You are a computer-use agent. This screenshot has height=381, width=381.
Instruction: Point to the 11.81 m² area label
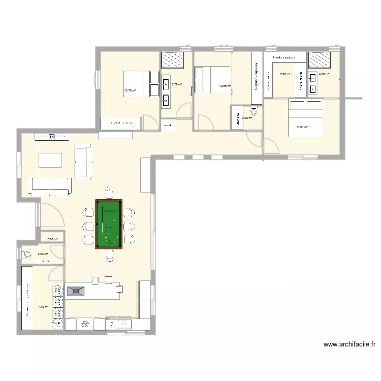tap(302, 128)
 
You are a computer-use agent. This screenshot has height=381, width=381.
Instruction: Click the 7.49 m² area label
tap(43, 306)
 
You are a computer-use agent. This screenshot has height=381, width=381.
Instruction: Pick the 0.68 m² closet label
tap(52, 239)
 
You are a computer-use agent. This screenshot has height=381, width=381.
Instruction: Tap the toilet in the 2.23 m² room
tap(27, 254)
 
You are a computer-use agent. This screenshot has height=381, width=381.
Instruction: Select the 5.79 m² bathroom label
tap(177, 85)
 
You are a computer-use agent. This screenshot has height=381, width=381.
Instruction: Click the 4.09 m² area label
tap(324, 75)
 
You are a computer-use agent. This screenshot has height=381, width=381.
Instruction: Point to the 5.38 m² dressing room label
tap(285, 74)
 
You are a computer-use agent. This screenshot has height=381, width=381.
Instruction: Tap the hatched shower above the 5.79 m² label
tap(172, 60)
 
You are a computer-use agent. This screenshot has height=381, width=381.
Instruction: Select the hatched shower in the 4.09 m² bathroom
tap(319, 60)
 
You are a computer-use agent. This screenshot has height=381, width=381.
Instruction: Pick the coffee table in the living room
tap(51, 160)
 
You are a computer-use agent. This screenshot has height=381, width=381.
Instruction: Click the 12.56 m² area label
tap(225, 86)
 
